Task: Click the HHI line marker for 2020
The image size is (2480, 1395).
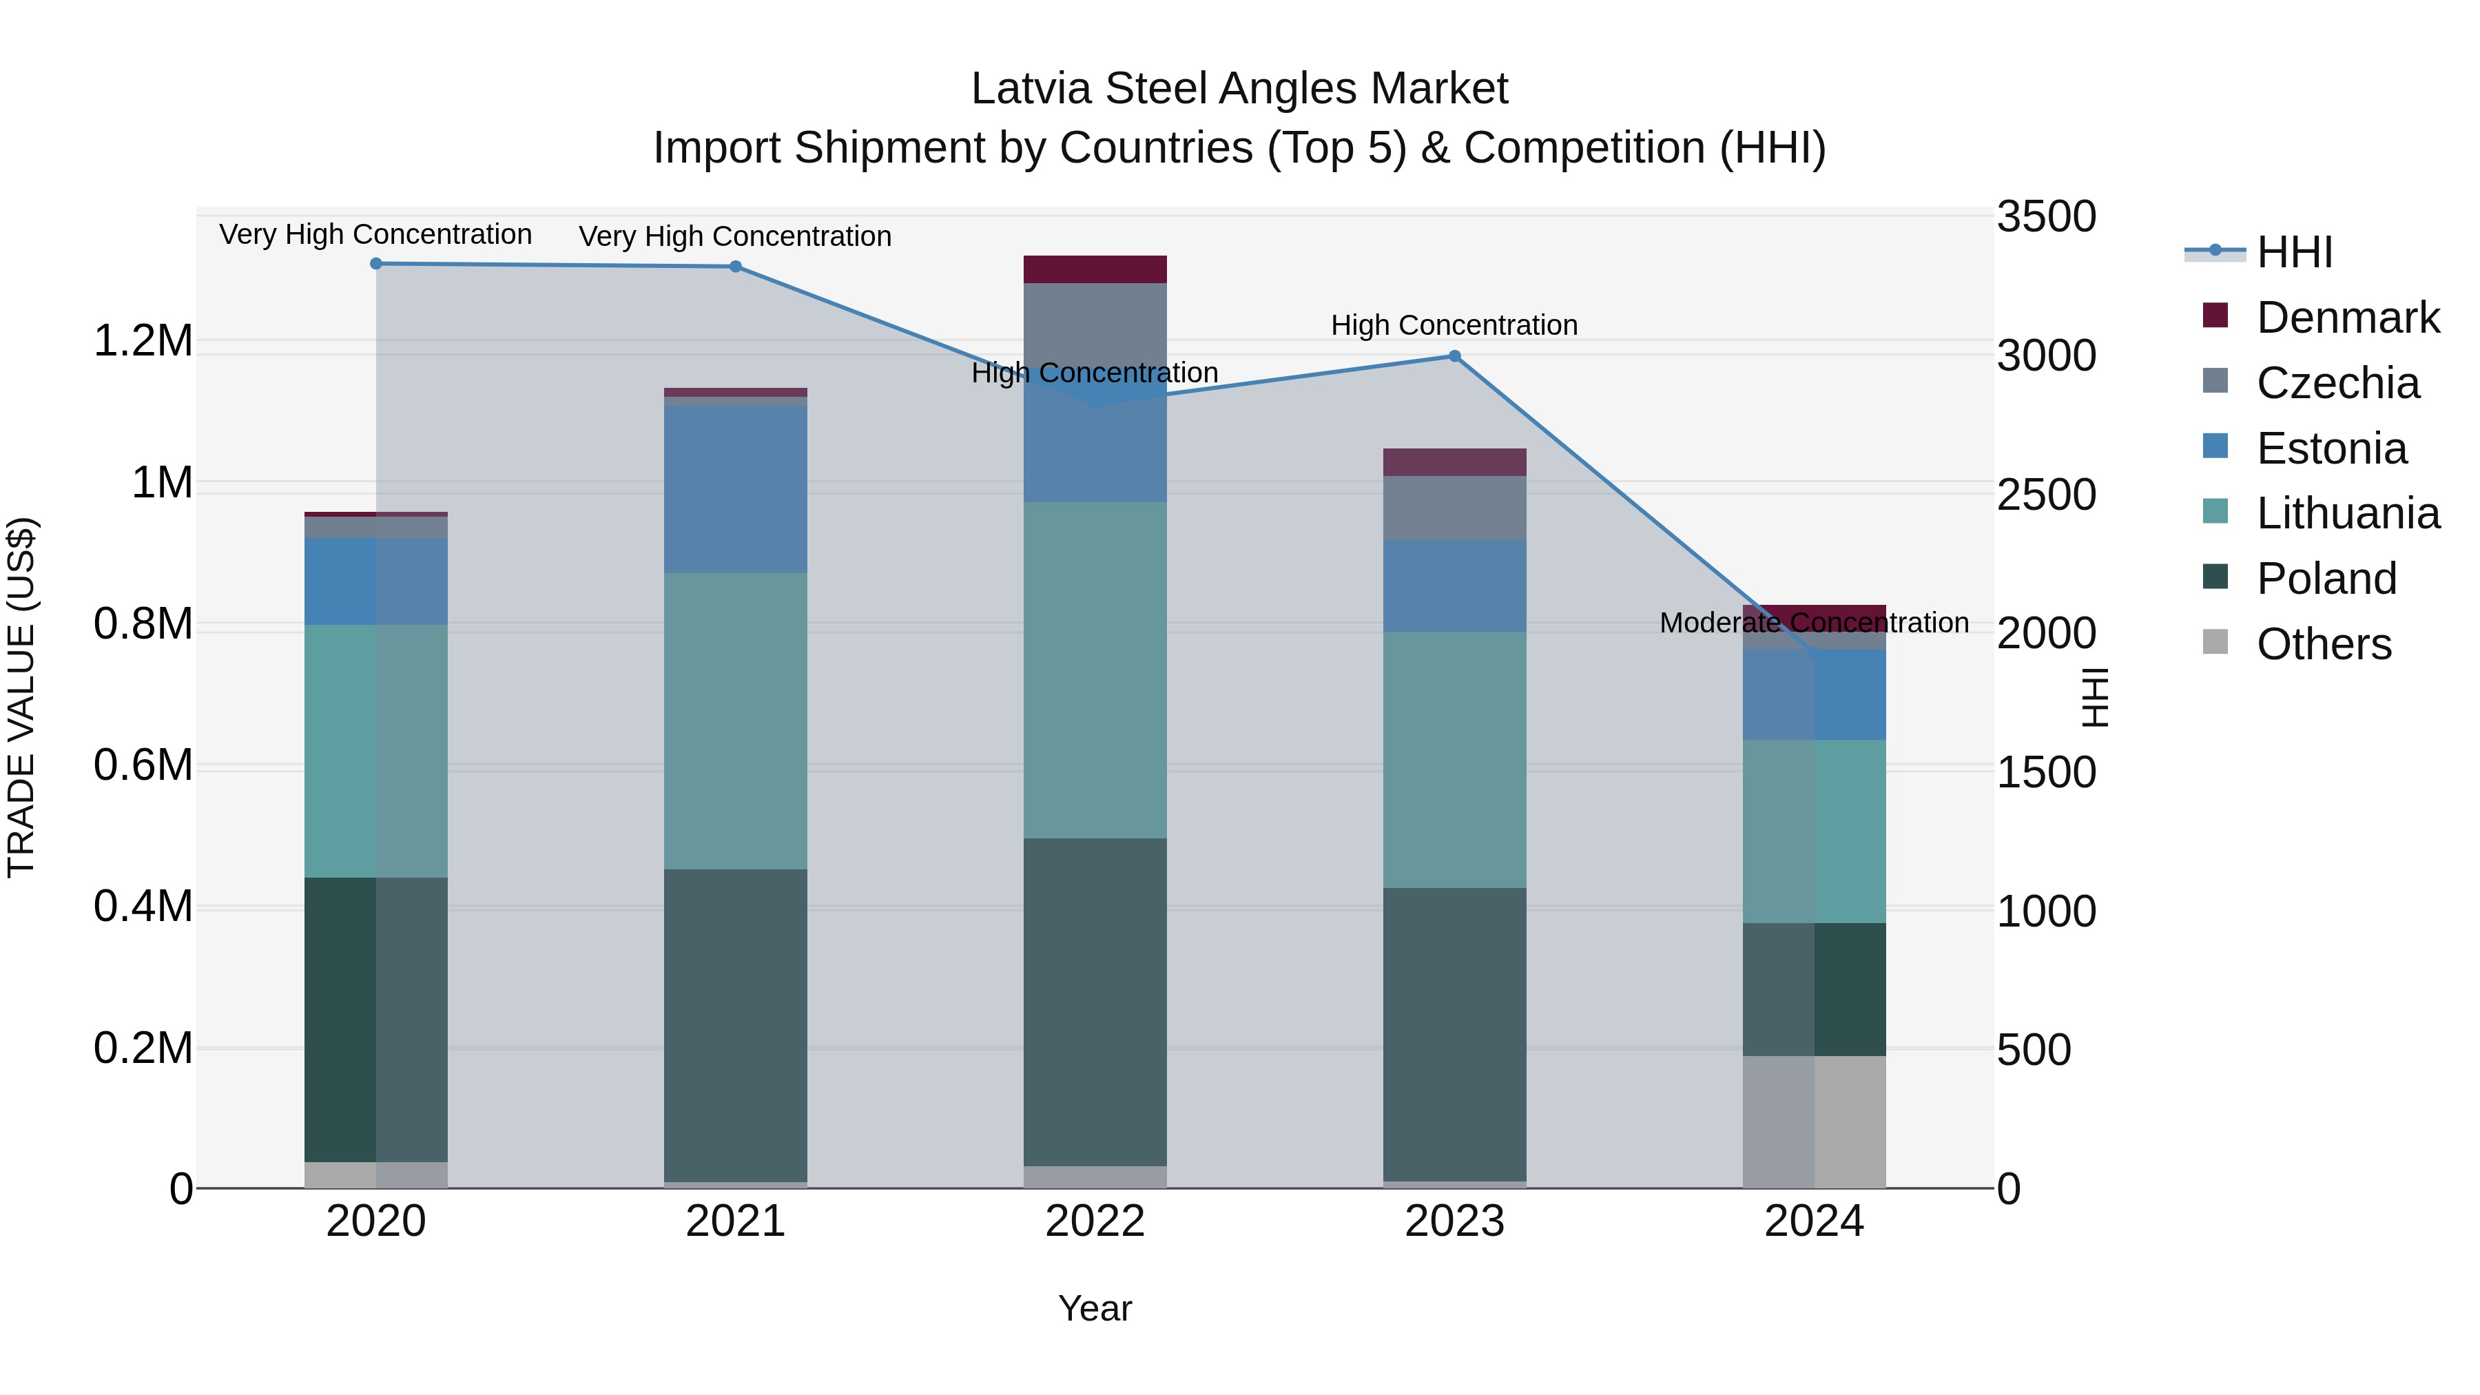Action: (376, 264)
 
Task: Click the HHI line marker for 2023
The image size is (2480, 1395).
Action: (1455, 356)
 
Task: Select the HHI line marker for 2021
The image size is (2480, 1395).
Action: (736, 267)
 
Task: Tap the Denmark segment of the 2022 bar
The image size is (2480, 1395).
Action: (1095, 269)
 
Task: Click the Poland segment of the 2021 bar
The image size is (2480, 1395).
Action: (736, 1025)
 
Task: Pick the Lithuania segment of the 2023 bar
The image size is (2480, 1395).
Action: (1455, 760)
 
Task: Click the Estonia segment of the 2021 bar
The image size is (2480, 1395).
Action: (736, 489)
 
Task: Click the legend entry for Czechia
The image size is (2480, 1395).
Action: (2337, 383)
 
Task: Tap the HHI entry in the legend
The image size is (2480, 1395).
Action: (2293, 252)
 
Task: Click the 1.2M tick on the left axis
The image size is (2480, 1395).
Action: (143, 341)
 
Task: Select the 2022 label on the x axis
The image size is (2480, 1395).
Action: (1095, 1221)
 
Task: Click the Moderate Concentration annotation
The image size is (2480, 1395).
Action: (1814, 623)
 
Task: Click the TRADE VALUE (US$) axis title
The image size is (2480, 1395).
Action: (21, 697)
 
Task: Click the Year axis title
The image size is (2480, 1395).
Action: (1095, 1308)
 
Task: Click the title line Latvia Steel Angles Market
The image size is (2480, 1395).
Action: (1239, 89)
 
